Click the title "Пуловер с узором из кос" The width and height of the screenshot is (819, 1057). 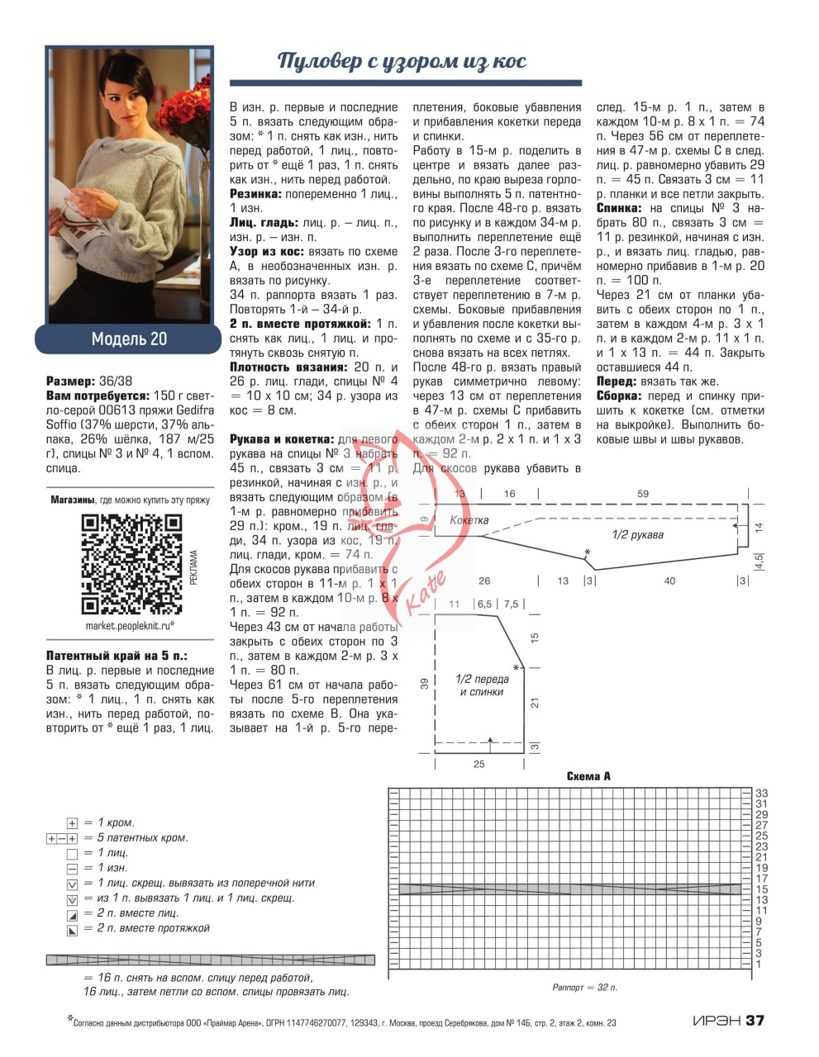pyautogui.click(x=402, y=61)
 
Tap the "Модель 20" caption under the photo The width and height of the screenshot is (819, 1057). pyautogui.click(x=129, y=339)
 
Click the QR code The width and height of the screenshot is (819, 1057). pyautogui.click(x=131, y=563)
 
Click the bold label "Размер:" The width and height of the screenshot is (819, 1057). pyautogui.click(x=70, y=382)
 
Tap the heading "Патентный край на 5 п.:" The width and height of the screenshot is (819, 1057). pyautogui.click(x=117, y=656)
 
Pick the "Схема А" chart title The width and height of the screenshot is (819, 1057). pyautogui.click(x=588, y=776)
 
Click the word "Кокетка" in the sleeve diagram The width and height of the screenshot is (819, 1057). pyautogui.click(x=469, y=520)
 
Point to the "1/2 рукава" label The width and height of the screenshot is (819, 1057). pyautogui.click(x=637, y=534)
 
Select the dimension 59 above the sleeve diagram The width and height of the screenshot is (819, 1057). pyautogui.click(x=643, y=494)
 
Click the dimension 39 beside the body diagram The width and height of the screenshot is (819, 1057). pyautogui.click(x=425, y=683)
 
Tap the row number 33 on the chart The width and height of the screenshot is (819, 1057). pyautogui.click(x=762, y=794)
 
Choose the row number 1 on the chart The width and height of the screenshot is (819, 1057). pyautogui.click(x=758, y=964)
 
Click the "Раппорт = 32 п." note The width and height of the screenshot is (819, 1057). pyautogui.click(x=584, y=987)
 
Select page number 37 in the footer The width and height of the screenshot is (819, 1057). pyautogui.click(x=755, y=1021)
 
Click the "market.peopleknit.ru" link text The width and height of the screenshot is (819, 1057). pyautogui.click(x=130, y=625)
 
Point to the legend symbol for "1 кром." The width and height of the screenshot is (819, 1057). pyautogui.click(x=72, y=823)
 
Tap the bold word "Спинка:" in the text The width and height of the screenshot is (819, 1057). pyautogui.click(x=620, y=209)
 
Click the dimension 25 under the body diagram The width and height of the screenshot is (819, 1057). pyautogui.click(x=479, y=764)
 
